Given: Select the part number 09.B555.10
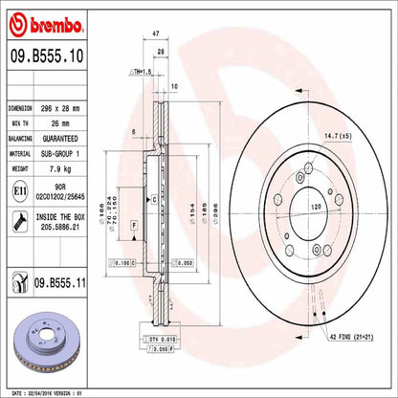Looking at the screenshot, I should (x=50, y=58).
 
